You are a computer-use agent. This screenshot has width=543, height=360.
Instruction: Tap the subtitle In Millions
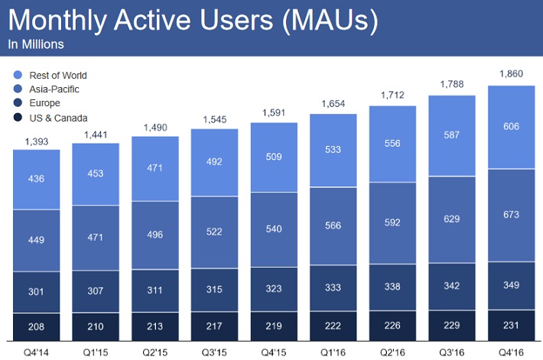[x=36, y=44]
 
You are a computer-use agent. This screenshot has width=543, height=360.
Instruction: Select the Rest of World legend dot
[x=18, y=75]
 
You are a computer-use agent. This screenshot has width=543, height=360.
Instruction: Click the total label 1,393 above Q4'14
[x=37, y=141]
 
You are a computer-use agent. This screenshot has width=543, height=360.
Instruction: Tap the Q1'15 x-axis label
[x=96, y=351]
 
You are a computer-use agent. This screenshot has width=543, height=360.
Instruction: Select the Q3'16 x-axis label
[x=452, y=351]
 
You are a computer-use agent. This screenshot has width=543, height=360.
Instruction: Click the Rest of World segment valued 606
[x=511, y=127]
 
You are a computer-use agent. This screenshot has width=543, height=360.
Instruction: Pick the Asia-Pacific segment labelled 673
[x=511, y=214]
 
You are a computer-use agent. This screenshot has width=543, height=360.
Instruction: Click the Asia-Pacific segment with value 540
[x=275, y=229]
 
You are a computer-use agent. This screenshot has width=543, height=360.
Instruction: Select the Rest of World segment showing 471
[x=155, y=168]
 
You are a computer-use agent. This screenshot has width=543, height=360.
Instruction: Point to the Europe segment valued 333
[x=333, y=287]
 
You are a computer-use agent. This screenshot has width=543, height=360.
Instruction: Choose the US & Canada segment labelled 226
[x=393, y=325]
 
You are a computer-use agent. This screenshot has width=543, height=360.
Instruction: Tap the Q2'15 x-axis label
[x=155, y=351]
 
